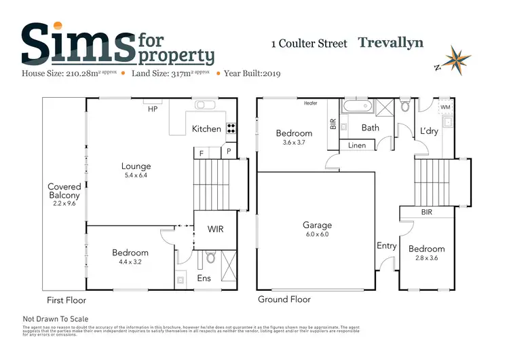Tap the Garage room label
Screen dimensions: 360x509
tap(317, 225)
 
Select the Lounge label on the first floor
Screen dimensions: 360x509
tap(136, 166)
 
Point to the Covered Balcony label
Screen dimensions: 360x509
tap(64, 191)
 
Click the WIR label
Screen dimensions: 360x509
tap(216, 230)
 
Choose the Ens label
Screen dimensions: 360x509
tap(204, 278)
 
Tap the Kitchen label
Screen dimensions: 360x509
tap(206, 128)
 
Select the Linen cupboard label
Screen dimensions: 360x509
tap(357, 145)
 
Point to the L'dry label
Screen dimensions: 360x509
tap(430, 130)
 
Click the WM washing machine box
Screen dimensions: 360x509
tap(445, 107)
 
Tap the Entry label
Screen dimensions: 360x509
tap(386, 246)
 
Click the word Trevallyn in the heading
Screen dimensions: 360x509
tap(390, 43)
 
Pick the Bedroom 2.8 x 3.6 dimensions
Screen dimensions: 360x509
tap(426, 258)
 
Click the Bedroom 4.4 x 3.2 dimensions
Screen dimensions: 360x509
tap(130, 262)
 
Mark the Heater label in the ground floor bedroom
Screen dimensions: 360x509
tap(311, 103)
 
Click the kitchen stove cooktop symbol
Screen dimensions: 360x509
tap(231, 128)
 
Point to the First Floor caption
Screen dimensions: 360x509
tap(66, 300)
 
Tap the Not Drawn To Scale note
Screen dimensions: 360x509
tap(56, 319)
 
